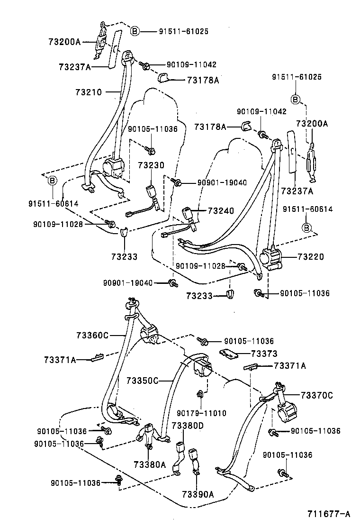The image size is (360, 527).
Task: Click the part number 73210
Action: point(88,91)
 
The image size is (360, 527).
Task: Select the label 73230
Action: point(151,165)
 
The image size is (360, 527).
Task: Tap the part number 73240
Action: point(220,211)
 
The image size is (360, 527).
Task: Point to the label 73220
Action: point(311,257)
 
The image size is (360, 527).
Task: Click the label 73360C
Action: point(92,336)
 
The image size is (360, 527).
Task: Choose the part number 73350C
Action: point(143,380)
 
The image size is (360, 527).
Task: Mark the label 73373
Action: point(264,354)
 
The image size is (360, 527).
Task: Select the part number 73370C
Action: point(317,395)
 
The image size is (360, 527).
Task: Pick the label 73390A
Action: point(198,494)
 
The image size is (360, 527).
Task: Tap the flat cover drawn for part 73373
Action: point(230,353)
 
